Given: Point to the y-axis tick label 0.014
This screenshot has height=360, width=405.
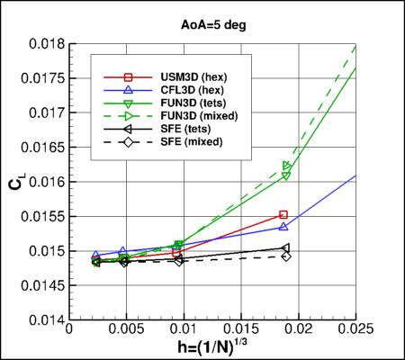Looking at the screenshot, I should tap(43, 319).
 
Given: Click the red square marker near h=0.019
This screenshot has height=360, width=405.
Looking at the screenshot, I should tap(283, 214).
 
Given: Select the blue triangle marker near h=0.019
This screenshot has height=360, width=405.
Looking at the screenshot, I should tap(283, 227).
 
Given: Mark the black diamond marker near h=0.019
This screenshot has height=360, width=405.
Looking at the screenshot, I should tap(286, 256).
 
